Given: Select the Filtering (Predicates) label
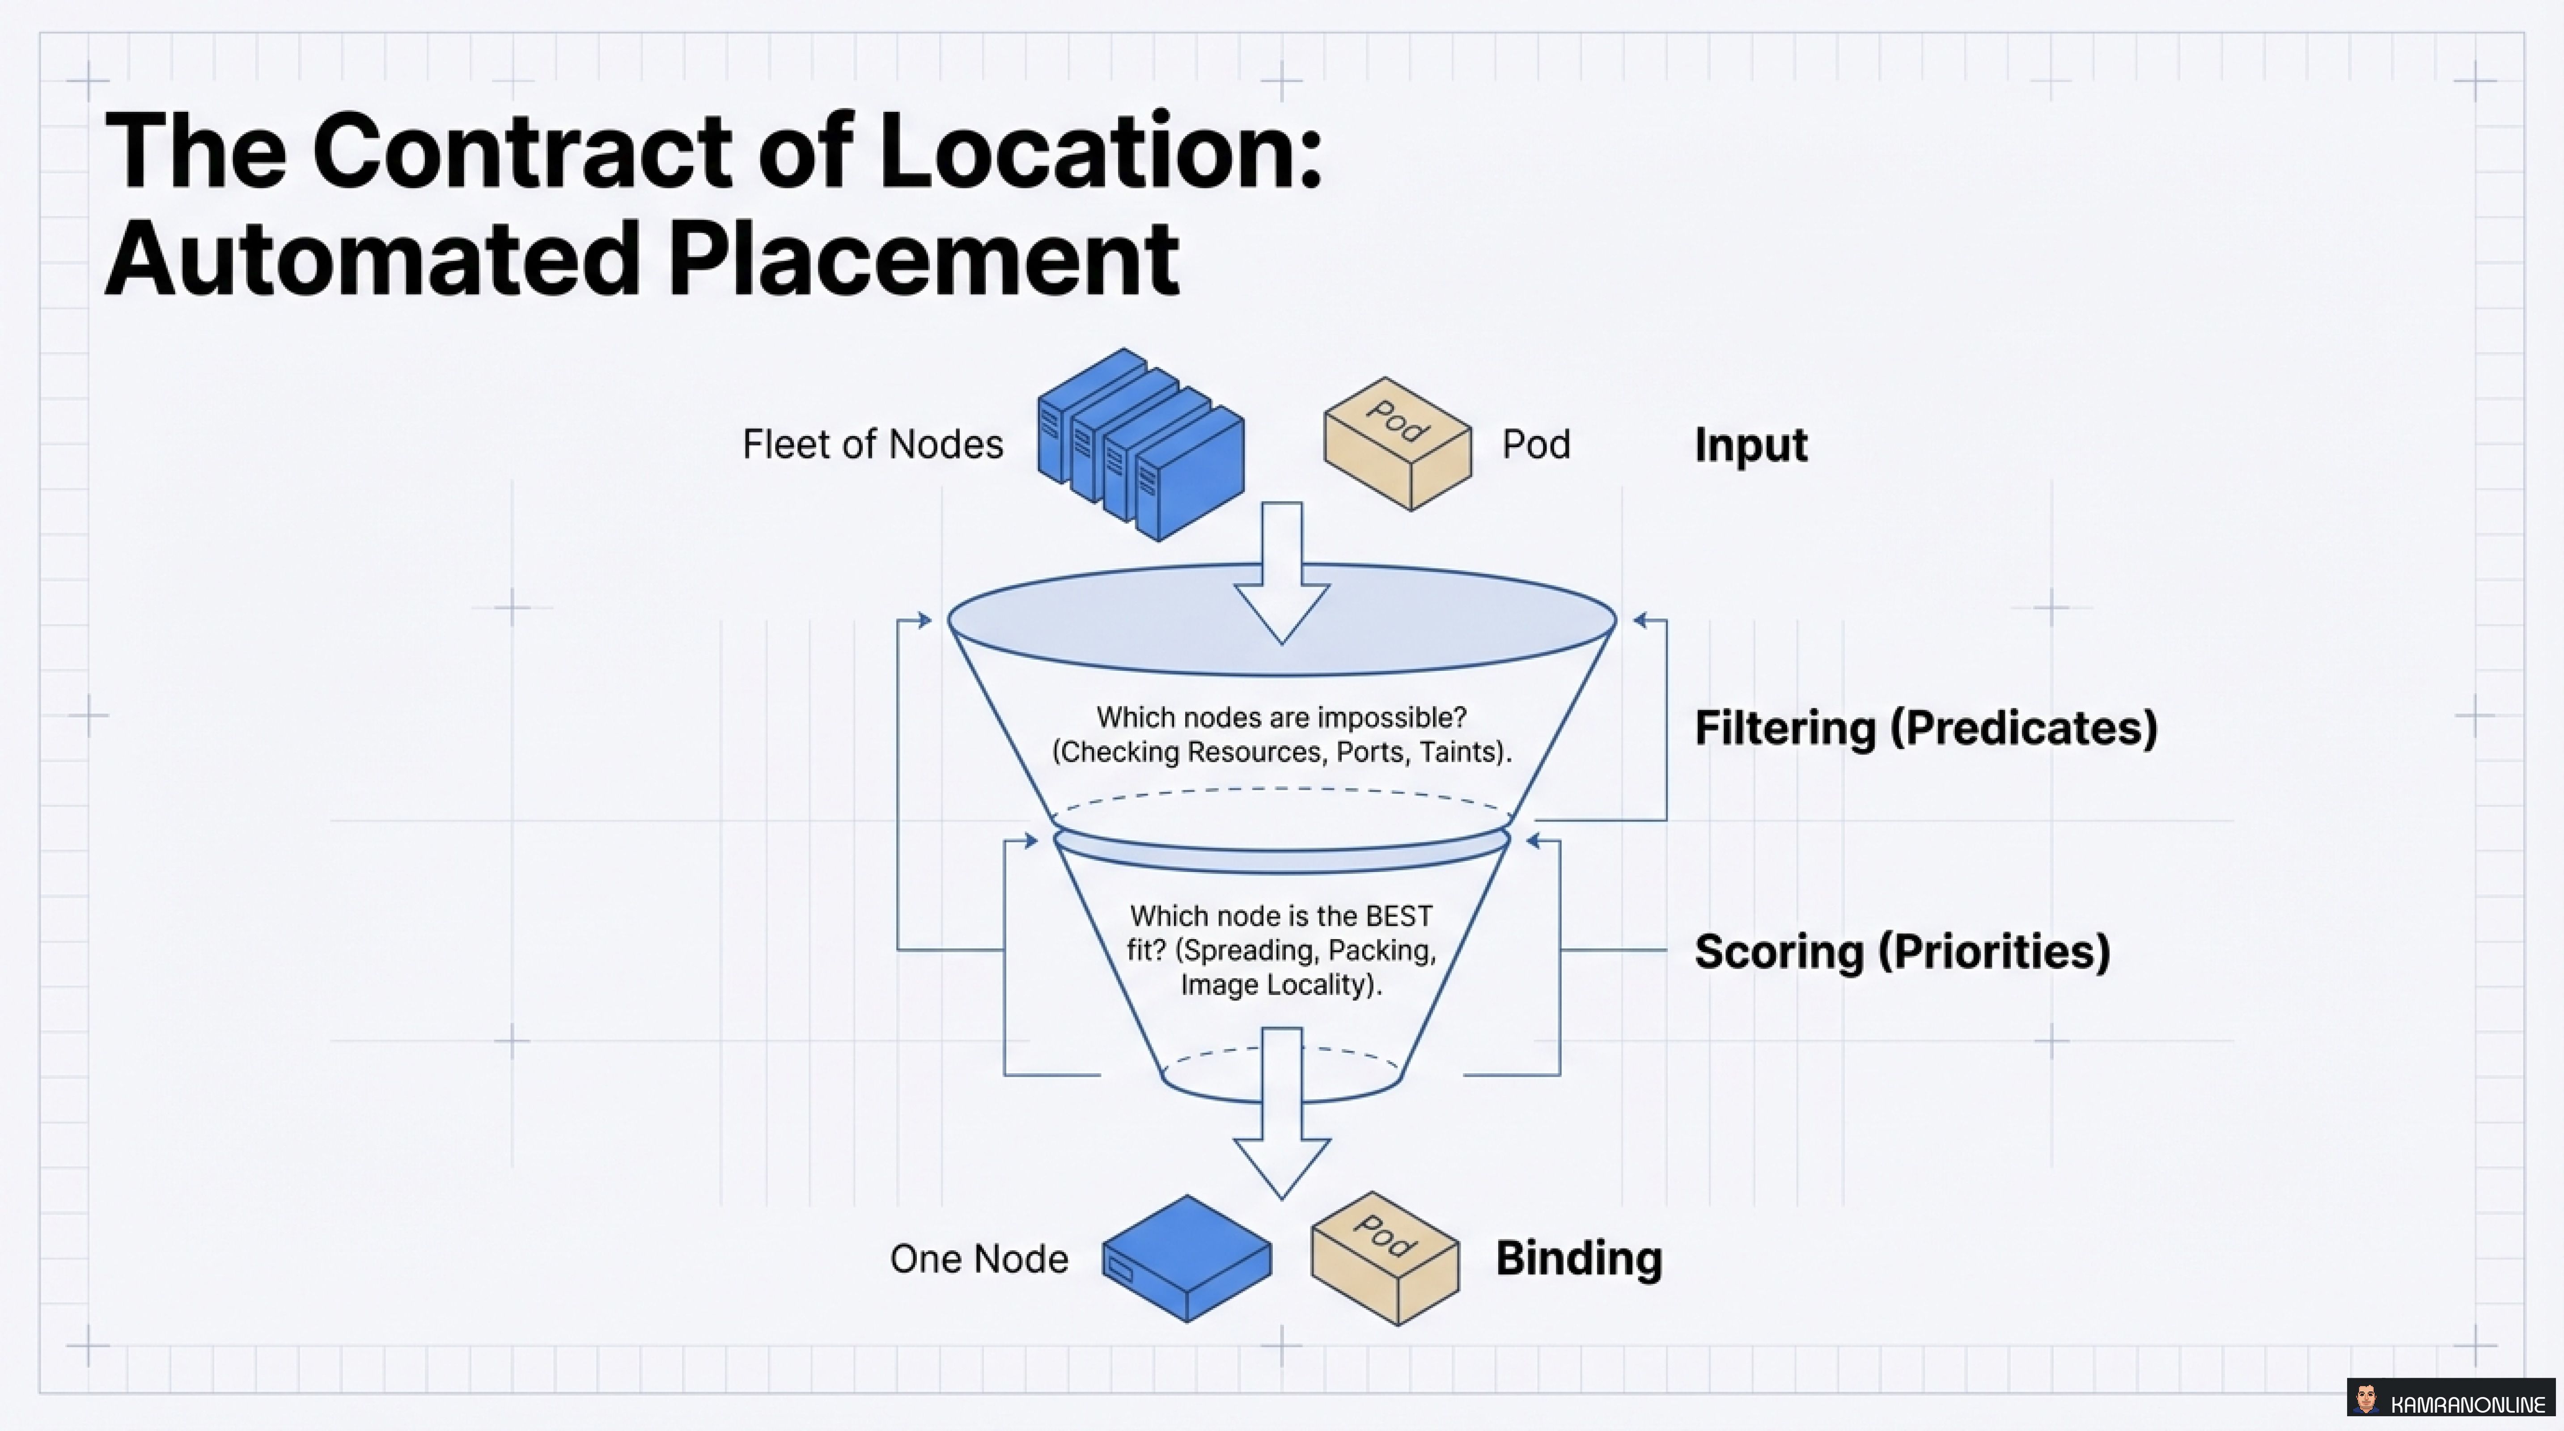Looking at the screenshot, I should point(1925,728).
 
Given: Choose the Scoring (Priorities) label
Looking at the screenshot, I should point(1901,951).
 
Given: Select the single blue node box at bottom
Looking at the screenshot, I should point(1187,1259).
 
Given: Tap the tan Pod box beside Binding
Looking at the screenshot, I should point(1385,1259).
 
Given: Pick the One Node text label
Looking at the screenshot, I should point(979,1259).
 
